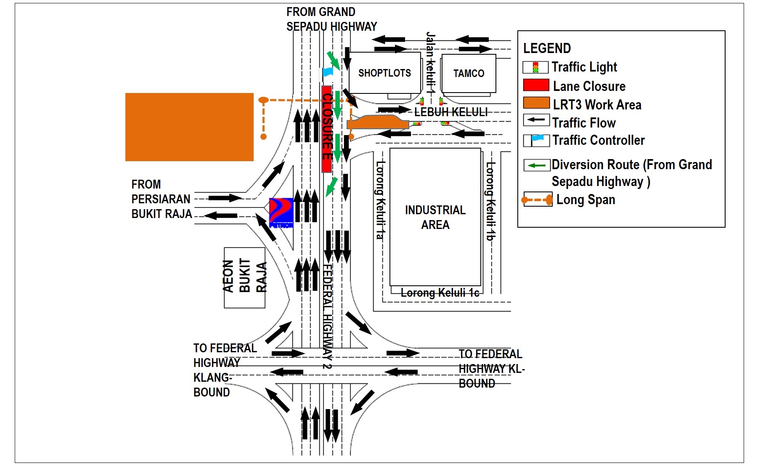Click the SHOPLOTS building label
[x=384, y=73]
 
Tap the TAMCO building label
[x=469, y=74]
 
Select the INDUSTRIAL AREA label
[x=435, y=217]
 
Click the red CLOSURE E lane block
[x=327, y=129]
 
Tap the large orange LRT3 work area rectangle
[x=189, y=127]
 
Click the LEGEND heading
[x=547, y=48]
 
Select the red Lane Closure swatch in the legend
[x=536, y=85]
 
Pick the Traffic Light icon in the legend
[x=535, y=67]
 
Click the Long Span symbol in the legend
[x=537, y=200]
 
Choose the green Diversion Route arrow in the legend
[x=537, y=165]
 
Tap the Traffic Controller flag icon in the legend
[x=536, y=140]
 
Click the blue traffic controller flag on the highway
[x=328, y=72]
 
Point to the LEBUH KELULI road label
[x=450, y=112]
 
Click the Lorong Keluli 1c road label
[x=440, y=293]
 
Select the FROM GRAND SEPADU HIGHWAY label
[x=331, y=19]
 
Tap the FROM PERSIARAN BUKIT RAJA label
[x=162, y=199]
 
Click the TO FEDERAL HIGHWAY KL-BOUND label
[x=491, y=369]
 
